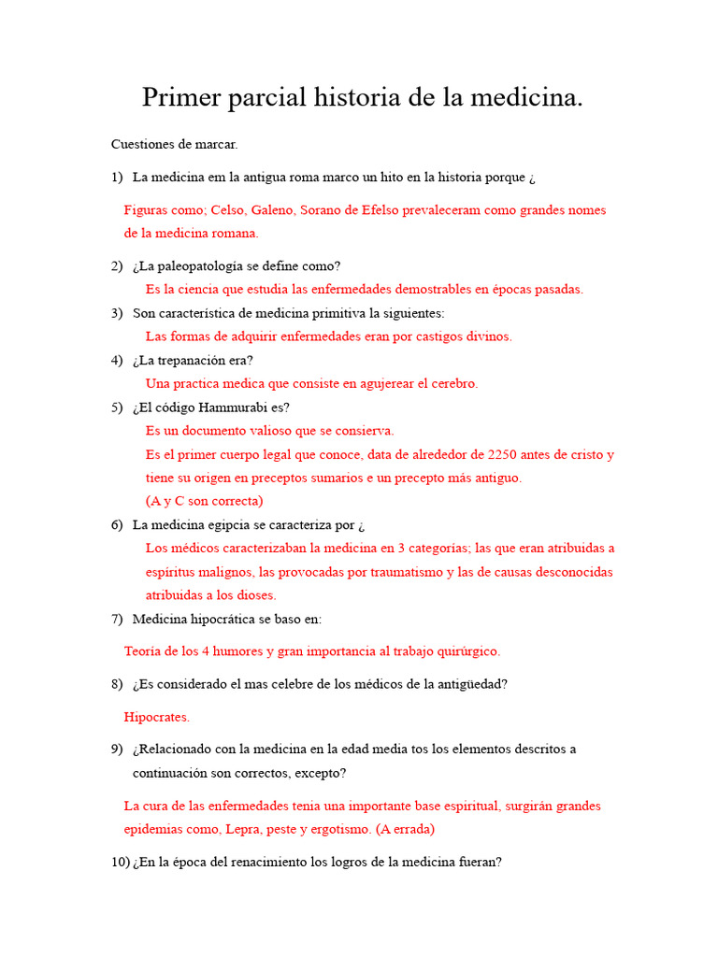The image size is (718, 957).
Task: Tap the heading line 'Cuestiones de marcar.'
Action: click(x=174, y=144)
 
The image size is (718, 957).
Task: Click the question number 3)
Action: click(x=117, y=313)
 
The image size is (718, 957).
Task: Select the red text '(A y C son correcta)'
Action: click(x=205, y=501)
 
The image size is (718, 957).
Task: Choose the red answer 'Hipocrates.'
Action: click(x=157, y=717)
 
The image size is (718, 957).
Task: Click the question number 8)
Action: click(x=117, y=684)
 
